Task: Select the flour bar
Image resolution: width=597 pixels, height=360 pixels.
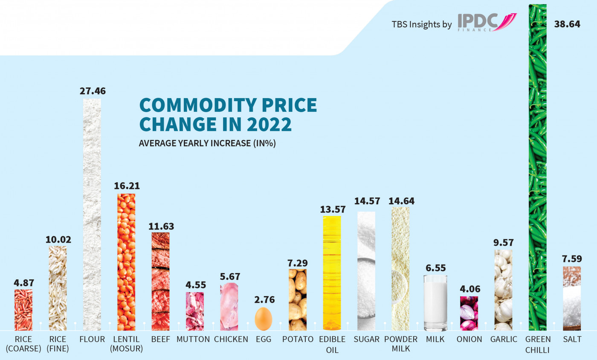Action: [x=92, y=213]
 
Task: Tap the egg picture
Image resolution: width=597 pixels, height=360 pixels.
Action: [x=264, y=319]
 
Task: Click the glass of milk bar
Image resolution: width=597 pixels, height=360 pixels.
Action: [x=435, y=302]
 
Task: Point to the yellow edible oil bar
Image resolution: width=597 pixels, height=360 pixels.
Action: [x=332, y=273]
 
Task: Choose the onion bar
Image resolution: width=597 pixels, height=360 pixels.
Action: [x=469, y=313]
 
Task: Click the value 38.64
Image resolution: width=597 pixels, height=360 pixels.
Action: [x=567, y=24]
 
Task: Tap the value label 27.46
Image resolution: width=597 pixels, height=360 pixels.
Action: [x=93, y=91]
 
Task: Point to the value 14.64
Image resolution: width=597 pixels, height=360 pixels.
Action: [x=401, y=201]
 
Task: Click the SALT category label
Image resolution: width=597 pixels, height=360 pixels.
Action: [x=571, y=340]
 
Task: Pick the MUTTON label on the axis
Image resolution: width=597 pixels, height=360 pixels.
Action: [x=193, y=340]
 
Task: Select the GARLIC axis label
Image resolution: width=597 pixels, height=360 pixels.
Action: [x=504, y=340]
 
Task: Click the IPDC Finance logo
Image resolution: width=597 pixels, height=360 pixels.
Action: [x=487, y=22]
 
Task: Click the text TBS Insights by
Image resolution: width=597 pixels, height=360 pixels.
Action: [x=422, y=24]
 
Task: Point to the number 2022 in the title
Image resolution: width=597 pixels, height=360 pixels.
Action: [x=270, y=124]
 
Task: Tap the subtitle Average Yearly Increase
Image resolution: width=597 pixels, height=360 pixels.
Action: [x=207, y=143]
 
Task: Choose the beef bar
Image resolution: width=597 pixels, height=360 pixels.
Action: [x=160, y=282]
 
